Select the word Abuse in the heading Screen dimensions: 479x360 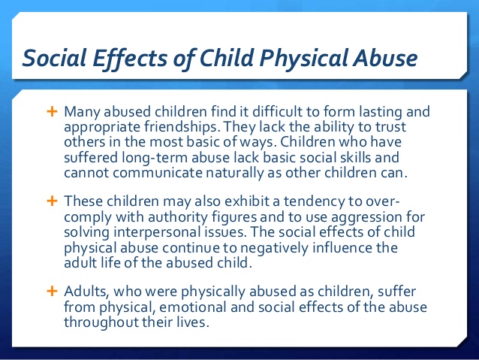coord(385,58)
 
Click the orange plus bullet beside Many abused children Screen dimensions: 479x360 coord(53,111)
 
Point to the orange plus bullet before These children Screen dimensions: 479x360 coord(53,201)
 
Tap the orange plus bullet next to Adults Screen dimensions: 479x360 coord(53,291)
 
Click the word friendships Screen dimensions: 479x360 coord(182,127)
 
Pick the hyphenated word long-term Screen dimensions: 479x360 coord(155,159)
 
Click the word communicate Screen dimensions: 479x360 coord(158,173)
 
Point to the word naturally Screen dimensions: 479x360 coord(235,174)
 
